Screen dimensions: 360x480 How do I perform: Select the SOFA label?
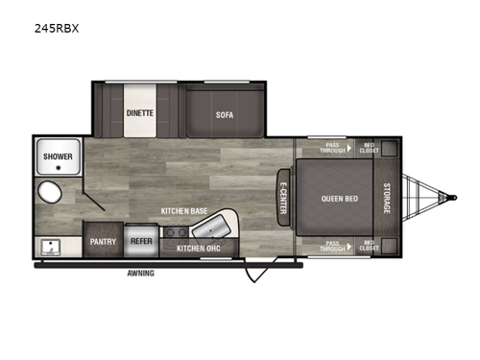225,114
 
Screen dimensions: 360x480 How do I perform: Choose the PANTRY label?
103,242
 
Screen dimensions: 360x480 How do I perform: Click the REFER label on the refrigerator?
141,242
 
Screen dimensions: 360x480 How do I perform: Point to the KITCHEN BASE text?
184,209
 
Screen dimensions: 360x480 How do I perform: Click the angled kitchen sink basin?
209,228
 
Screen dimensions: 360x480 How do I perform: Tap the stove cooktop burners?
175,231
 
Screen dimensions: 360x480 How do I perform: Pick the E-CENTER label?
283,199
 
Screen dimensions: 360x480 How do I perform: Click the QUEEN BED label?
340,199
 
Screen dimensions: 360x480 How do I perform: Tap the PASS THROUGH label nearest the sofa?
333,149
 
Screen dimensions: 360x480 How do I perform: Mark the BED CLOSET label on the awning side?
369,246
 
